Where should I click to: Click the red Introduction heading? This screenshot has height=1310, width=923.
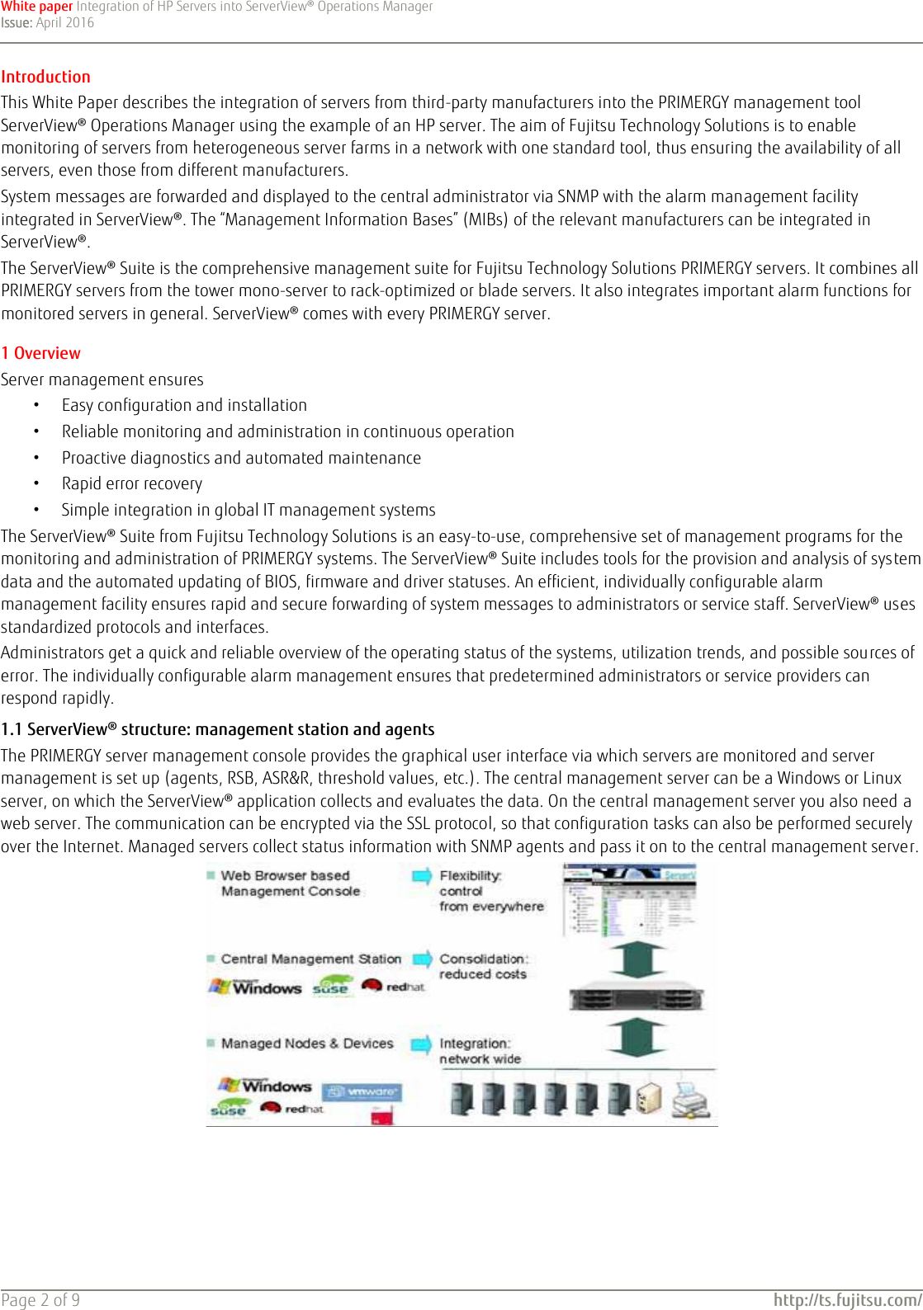46,77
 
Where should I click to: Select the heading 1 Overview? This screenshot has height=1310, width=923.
41,353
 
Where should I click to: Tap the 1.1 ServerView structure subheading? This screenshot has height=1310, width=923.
217,729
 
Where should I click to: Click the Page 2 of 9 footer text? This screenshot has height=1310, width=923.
40,1300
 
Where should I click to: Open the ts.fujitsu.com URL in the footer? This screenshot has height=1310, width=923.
847,1300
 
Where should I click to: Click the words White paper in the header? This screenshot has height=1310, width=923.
37,7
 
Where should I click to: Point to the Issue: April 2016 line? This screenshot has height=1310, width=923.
48,23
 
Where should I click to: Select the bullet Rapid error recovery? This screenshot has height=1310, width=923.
131,484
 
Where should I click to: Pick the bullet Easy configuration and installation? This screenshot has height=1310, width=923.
184,405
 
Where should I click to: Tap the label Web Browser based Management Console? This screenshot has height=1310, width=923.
290,884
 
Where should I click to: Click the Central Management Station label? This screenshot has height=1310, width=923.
310,959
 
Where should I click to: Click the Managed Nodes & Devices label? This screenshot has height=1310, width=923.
306,1044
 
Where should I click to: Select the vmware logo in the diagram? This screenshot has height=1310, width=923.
362,1092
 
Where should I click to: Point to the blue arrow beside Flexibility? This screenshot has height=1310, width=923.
422,876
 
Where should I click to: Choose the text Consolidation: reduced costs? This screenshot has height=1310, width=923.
483,966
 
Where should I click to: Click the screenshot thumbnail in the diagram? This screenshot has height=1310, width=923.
629,900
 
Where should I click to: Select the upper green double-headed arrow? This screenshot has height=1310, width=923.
636,959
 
